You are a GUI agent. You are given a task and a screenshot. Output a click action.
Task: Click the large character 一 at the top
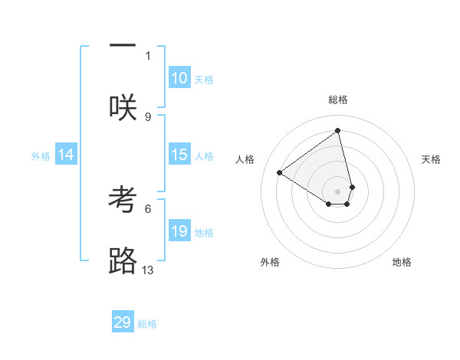[x=123, y=44]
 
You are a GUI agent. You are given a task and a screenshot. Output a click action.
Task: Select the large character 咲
[x=123, y=107]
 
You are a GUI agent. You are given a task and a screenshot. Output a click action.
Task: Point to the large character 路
[x=123, y=261]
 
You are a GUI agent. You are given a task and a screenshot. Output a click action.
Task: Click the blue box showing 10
[x=179, y=78]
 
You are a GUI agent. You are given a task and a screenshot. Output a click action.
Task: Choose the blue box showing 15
[x=179, y=155]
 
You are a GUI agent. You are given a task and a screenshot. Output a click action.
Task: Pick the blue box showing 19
[x=179, y=231]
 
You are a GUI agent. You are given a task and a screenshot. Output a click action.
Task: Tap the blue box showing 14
[x=66, y=155]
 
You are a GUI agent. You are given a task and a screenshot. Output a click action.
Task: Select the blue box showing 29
[x=123, y=322]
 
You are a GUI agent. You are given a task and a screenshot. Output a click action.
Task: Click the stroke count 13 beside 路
[x=148, y=270]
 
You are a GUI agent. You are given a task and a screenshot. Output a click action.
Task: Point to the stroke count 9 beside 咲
[x=148, y=116]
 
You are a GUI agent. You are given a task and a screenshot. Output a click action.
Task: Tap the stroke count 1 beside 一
[x=148, y=55]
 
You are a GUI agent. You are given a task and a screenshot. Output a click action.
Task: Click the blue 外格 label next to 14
[x=41, y=156]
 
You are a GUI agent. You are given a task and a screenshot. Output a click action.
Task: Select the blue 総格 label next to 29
[x=147, y=324]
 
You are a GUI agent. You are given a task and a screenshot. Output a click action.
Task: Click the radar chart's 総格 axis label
[x=338, y=100]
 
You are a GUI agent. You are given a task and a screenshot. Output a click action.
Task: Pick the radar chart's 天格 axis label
[x=431, y=159]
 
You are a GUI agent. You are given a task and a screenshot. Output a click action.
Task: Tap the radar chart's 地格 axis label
[x=402, y=262]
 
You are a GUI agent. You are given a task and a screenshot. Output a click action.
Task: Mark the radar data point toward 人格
[x=280, y=172]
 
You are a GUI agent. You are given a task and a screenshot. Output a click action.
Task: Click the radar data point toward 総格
[x=338, y=131]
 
